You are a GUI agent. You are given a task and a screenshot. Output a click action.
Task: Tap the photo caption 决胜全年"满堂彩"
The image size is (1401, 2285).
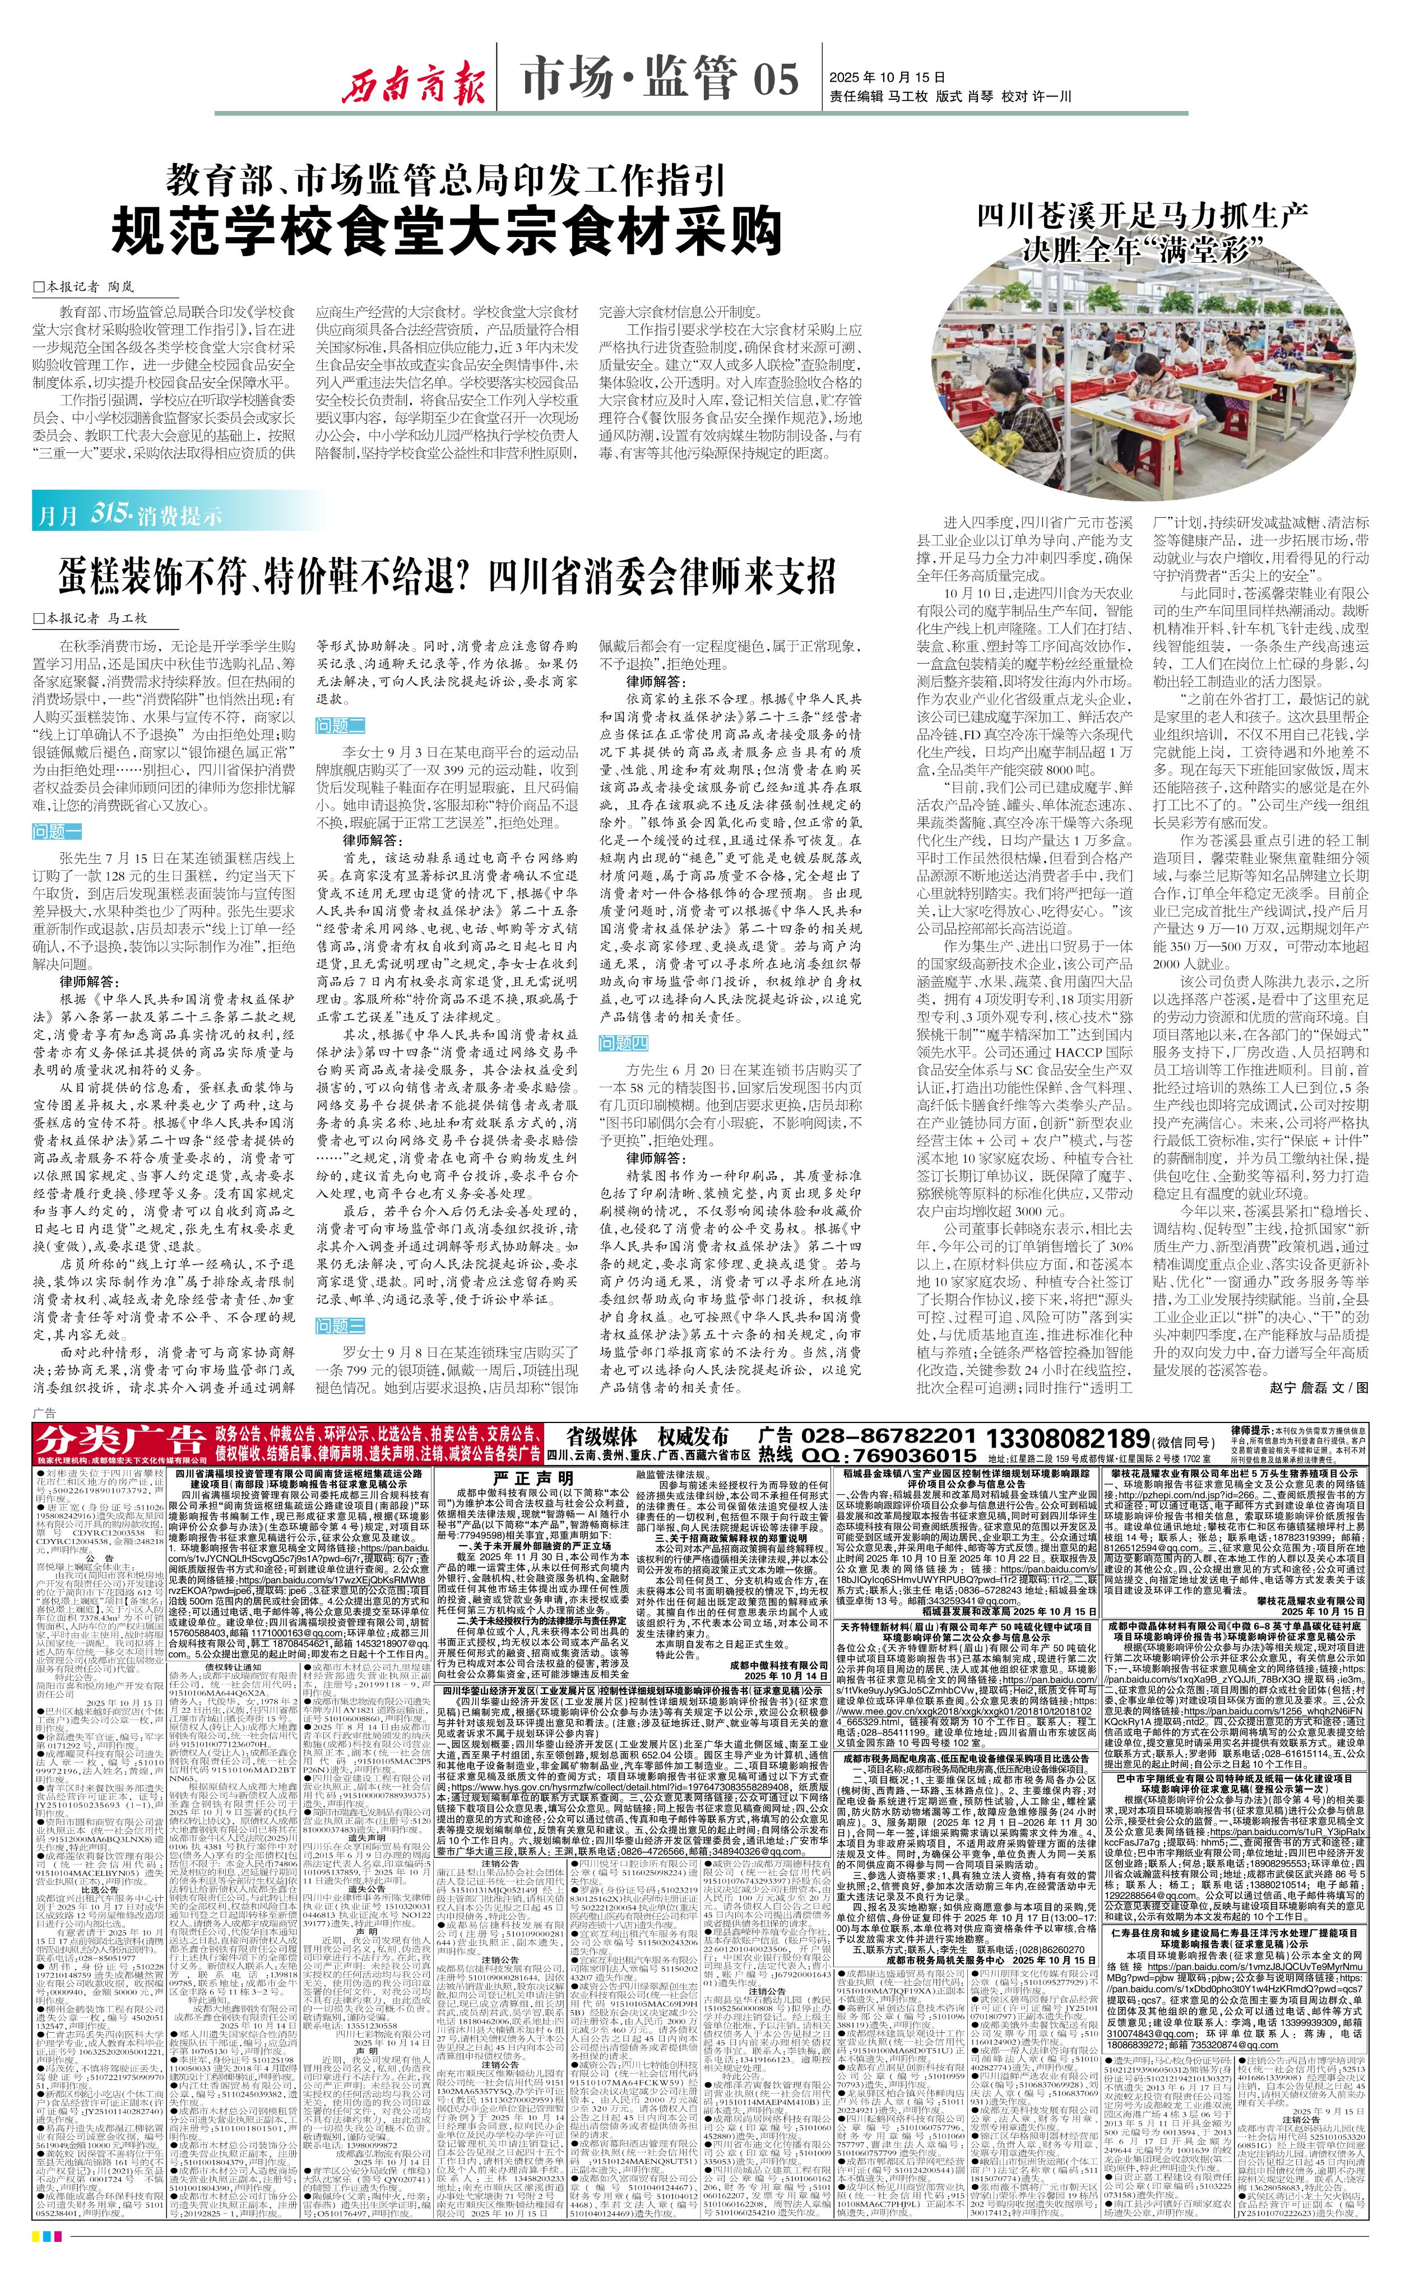pos(1144,248)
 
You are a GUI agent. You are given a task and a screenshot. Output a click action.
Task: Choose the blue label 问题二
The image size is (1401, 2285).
pos(340,725)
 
